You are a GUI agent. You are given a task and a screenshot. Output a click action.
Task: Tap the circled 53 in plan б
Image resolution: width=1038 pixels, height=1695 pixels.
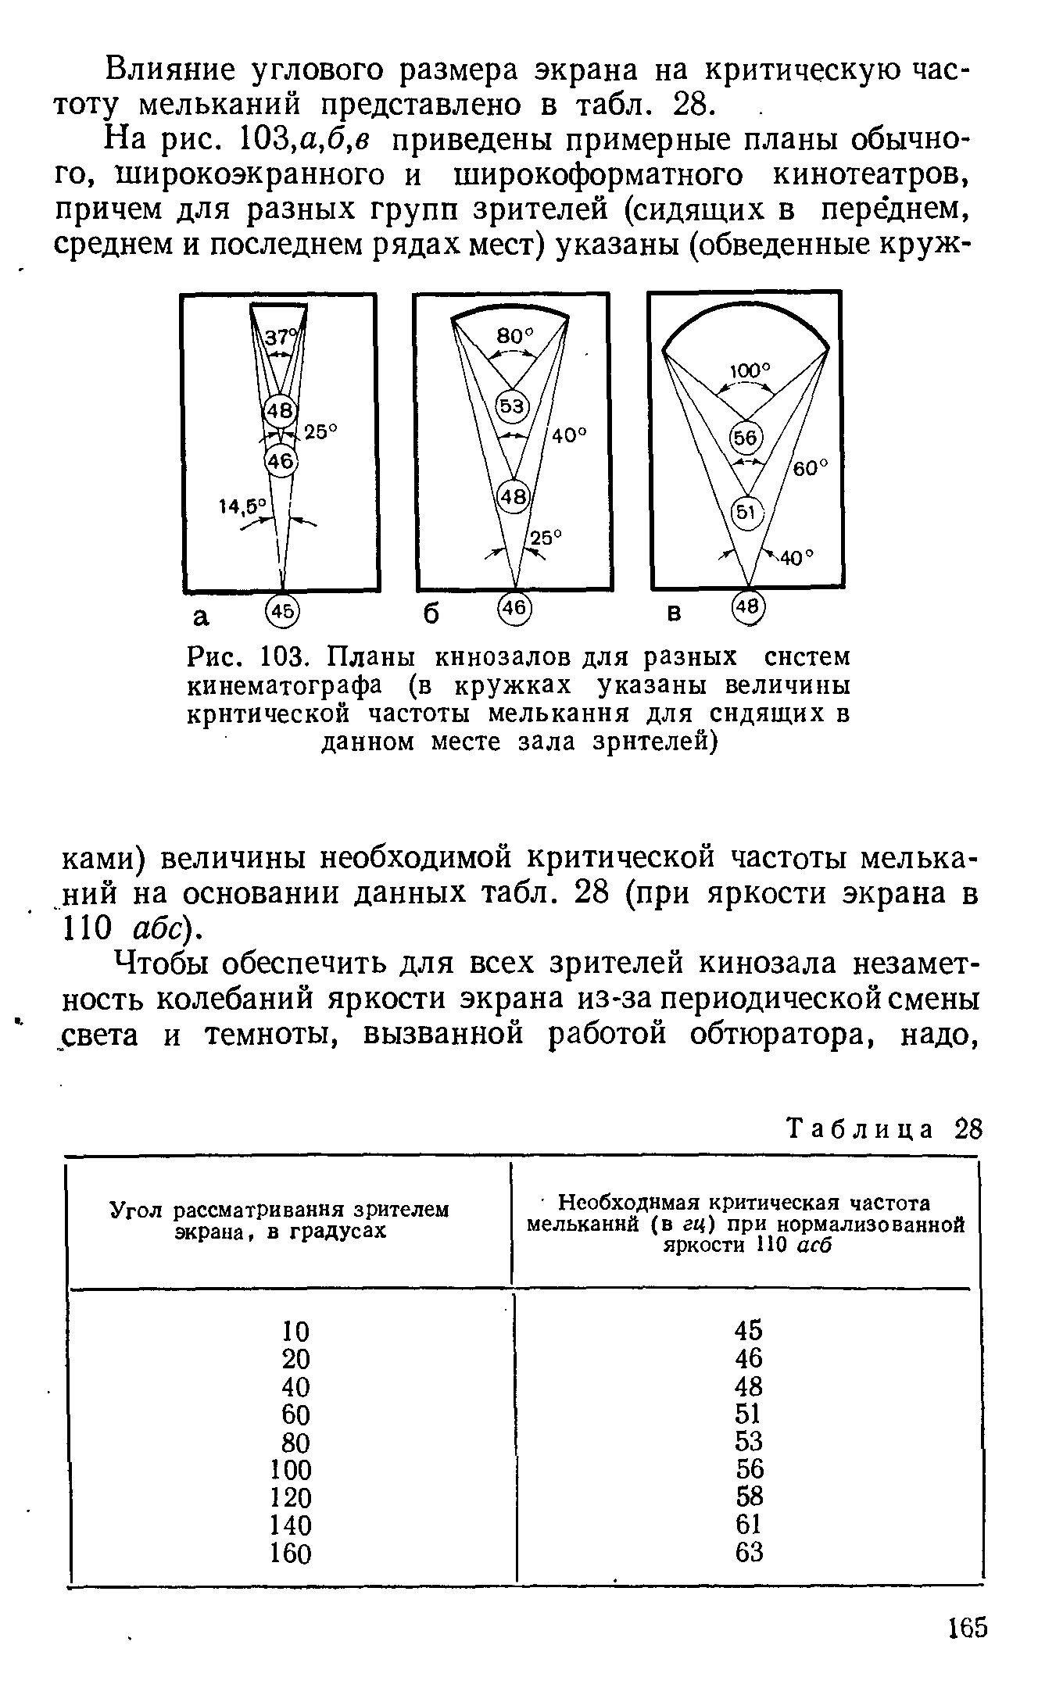514,407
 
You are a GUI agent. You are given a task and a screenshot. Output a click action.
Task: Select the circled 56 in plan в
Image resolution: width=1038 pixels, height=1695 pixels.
746,438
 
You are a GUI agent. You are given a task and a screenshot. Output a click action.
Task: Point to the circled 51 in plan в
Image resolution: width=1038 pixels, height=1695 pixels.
745,513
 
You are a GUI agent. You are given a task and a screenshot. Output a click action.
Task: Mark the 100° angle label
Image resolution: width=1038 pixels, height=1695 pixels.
750,370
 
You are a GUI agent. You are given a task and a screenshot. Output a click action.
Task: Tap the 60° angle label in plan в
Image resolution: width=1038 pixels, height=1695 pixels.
811,467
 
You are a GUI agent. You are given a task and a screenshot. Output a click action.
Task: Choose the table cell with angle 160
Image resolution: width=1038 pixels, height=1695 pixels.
290,1553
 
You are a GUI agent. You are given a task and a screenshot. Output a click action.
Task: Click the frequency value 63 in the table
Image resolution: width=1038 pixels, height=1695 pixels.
749,1552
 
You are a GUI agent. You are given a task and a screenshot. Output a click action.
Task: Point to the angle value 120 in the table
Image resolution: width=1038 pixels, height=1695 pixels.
290,1497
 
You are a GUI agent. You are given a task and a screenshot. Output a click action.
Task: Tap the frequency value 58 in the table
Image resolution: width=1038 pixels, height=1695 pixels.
749,1497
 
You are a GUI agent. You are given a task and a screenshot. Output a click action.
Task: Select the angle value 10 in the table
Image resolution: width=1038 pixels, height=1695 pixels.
295,1330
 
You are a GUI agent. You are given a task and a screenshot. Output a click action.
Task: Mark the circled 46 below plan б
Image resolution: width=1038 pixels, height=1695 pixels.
514,608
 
